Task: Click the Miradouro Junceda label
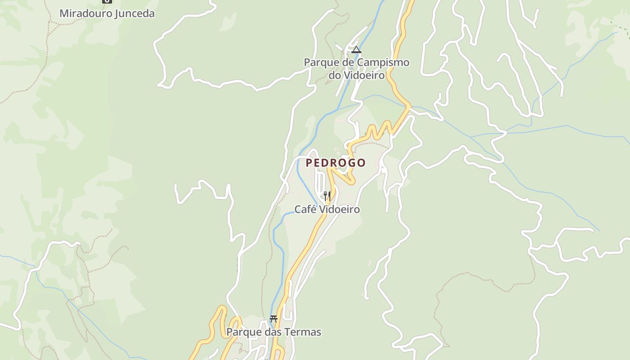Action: pyautogui.click(x=107, y=13)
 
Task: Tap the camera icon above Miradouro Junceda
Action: pyautogui.click(x=107, y=1)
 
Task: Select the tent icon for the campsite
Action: pyautogui.click(x=356, y=49)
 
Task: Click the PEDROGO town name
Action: pyautogui.click(x=336, y=163)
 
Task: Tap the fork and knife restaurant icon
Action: pyautogui.click(x=327, y=196)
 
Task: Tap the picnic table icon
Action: pyautogui.click(x=274, y=319)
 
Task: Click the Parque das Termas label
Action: pyautogui.click(x=274, y=332)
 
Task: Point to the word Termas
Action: pyautogui.click(x=305, y=332)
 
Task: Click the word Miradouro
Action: pyautogui.click(x=85, y=13)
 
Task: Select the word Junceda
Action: pyautogui.click(x=135, y=13)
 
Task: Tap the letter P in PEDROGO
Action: pyautogui.click(x=309, y=163)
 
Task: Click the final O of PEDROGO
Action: pyautogui.click(x=361, y=163)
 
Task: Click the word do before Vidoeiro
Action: pyautogui.click(x=334, y=75)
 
